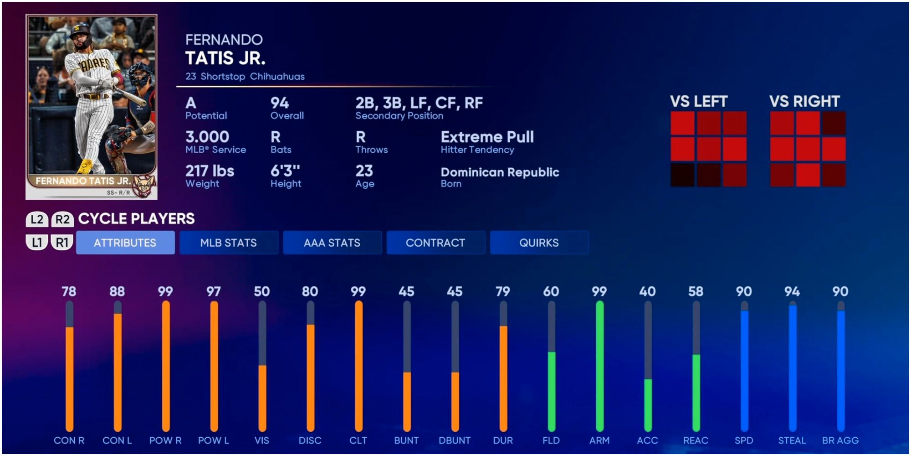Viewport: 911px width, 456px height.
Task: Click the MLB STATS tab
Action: click(x=228, y=243)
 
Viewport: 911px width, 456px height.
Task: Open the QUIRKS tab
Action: click(x=539, y=243)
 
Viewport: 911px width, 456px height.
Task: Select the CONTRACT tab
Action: click(x=435, y=243)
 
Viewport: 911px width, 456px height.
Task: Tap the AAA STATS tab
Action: click(x=332, y=243)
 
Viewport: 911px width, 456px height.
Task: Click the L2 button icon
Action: click(x=37, y=219)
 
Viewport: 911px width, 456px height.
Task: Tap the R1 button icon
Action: click(x=62, y=242)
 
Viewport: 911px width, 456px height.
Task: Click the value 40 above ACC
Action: click(x=647, y=291)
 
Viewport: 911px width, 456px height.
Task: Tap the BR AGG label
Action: click(x=840, y=440)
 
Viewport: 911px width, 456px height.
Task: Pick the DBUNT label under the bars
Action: click(x=455, y=440)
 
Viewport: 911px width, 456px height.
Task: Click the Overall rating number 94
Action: click(x=280, y=103)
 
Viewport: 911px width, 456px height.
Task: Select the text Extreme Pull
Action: click(x=487, y=137)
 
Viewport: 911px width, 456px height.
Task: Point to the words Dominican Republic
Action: click(x=500, y=172)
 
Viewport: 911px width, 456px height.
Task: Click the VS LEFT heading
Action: click(x=699, y=101)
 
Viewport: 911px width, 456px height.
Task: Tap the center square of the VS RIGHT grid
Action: click(x=808, y=149)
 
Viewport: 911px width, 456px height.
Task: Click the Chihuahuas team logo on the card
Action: click(x=143, y=186)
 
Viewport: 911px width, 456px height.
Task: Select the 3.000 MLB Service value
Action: click(x=207, y=137)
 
